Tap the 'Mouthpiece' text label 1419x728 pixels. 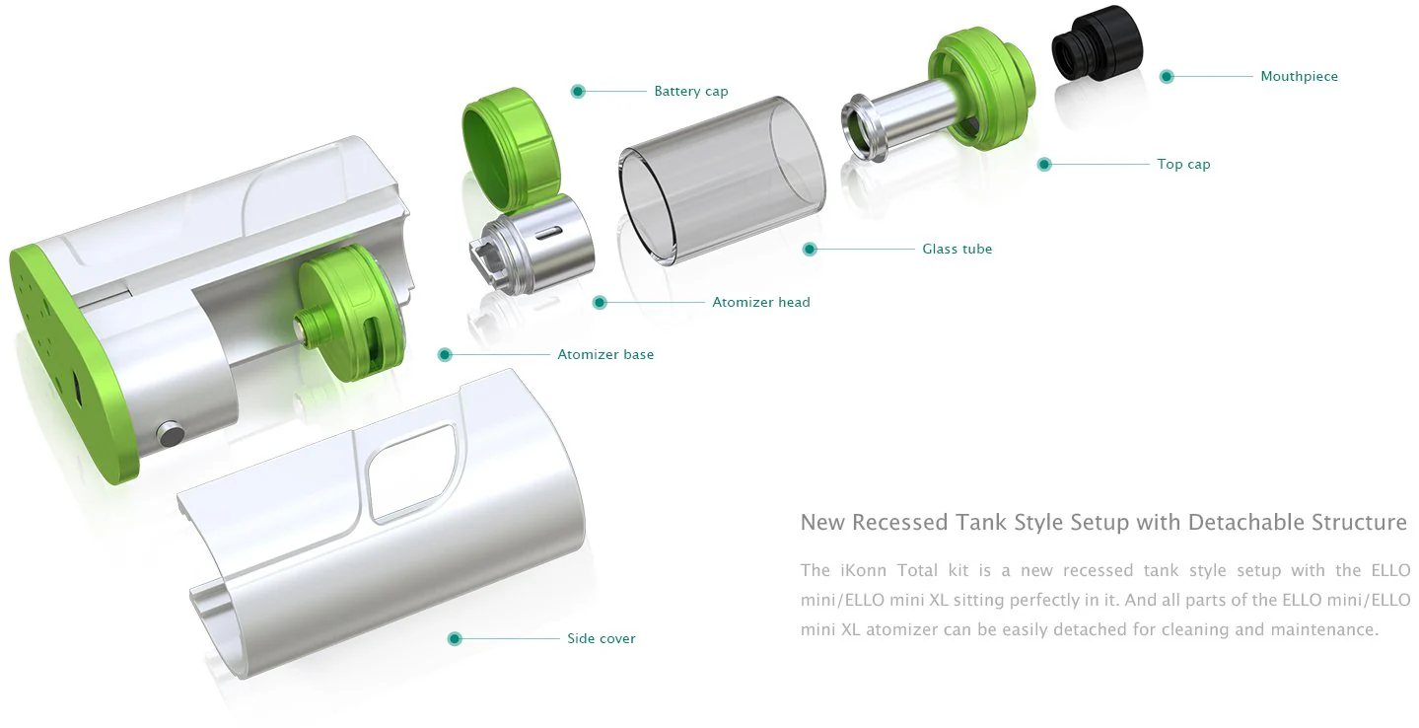click(1299, 76)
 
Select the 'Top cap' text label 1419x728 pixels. click(1183, 164)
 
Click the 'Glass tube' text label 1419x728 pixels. click(957, 249)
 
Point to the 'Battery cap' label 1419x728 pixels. click(690, 91)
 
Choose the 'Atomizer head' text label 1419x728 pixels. click(761, 302)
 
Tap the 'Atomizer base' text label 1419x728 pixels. click(605, 354)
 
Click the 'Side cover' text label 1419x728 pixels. click(601, 638)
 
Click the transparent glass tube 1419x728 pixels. click(722, 181)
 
